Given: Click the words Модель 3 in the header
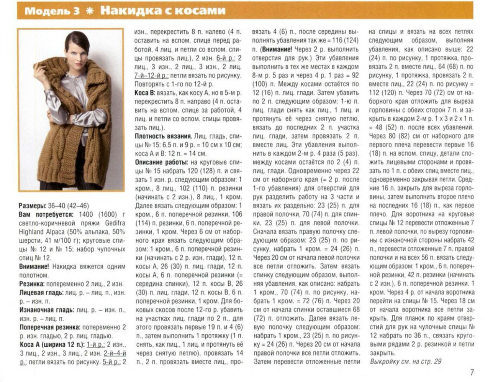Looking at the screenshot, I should [52, 11].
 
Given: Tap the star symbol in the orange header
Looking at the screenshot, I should [90, 11].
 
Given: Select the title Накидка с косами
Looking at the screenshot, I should [162, 10].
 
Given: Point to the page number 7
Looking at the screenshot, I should [472, 372].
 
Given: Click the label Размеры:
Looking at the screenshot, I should [33, 206].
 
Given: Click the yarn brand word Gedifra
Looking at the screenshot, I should [114, 223].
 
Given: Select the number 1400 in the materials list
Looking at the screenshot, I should [86, 214].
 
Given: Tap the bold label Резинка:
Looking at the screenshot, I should [32, 284].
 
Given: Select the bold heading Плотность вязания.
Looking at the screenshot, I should [163, 136].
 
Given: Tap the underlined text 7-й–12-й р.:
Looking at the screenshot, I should [151, 76].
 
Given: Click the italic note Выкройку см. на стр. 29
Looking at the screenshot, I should [405, 361].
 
